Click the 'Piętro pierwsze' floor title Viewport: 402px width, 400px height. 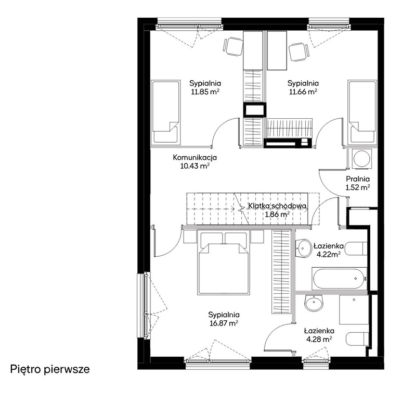[50, 369]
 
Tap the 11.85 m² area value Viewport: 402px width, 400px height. [205, 92]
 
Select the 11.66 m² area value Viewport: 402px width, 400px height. [303, 92]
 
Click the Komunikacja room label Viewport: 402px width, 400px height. [195, 157]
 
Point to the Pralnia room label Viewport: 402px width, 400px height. [358, 179]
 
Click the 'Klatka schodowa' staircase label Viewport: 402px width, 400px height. [277, 206]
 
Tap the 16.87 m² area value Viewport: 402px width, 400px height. [224, 323]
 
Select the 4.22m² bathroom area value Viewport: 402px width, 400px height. [329, 255]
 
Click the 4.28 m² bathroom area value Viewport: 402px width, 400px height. [319, 340]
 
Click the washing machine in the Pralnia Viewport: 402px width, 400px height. [361, 159]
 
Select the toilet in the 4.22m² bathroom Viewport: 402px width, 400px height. [356, 248]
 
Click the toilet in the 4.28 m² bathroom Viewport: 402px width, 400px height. [357, 339]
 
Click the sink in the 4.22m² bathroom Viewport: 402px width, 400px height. [303, 248]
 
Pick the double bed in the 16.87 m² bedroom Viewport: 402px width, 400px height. [224, 263]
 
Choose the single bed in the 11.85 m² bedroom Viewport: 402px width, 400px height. [165, 112]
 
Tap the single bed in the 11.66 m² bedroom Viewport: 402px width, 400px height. [362, 112]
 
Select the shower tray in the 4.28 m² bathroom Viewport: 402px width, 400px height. [354, 309]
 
